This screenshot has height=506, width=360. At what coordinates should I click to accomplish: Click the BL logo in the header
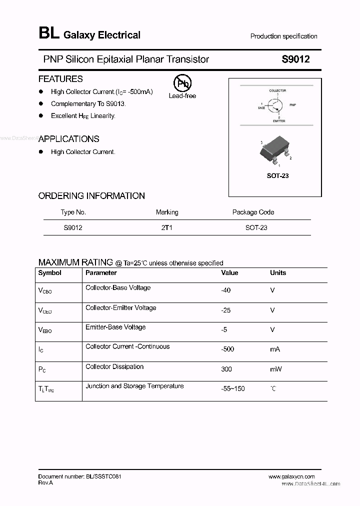[48, 33]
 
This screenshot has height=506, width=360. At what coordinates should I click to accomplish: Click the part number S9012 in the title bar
[295, 59]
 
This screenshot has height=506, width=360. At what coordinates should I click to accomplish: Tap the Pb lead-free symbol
[182, 83]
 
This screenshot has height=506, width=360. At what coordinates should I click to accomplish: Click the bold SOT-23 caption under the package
[277, 176]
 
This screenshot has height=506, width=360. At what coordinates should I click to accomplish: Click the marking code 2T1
[166, 227]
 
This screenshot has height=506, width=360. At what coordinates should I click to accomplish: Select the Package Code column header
[253, 212]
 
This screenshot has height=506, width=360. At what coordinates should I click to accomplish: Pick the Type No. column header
[73, 212]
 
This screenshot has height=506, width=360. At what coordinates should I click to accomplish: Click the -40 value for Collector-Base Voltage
[226, 290]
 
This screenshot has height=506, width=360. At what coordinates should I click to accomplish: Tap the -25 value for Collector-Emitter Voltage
[226, 310]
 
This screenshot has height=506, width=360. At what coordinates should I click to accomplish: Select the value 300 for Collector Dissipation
[226, 369]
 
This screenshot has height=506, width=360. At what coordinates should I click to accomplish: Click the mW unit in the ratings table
[276, 369]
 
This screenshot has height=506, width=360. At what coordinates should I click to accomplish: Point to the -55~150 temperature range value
[232, 388]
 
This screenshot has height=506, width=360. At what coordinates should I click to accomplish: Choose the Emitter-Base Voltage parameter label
[115, 327]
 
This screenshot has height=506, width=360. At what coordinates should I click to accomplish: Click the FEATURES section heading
[60, 79]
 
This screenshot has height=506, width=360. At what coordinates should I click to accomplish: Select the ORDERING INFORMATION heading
[91, 196]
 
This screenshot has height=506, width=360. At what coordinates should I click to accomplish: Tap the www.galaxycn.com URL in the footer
[291, 476]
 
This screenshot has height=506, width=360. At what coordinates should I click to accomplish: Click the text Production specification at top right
[283, 36]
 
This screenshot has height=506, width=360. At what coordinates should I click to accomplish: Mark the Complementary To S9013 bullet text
[88, 104]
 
